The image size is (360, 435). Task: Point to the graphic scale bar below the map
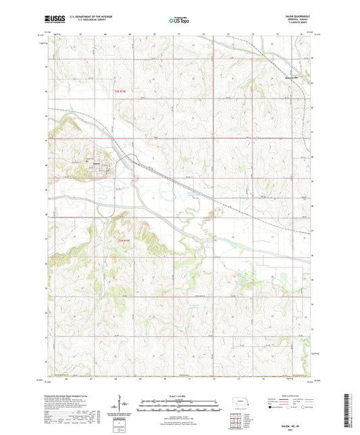179,407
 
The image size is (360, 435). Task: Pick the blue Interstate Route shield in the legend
272,407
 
